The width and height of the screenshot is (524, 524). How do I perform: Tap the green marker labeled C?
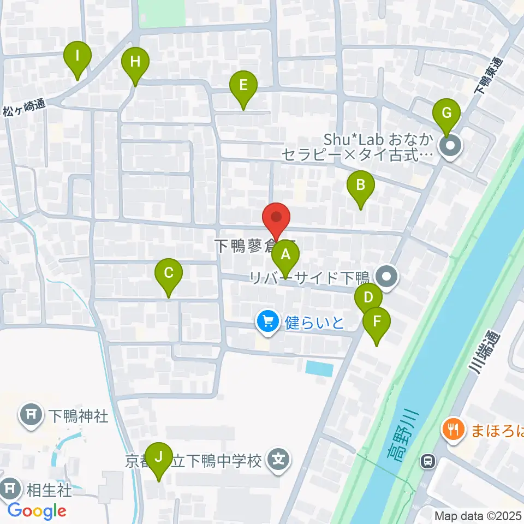(x=169, y=273)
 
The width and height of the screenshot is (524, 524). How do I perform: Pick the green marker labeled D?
(x=368, y=297)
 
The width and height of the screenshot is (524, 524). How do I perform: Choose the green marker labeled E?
(x=243, y=86)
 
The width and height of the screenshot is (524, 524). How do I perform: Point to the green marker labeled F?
(x=377, y=321)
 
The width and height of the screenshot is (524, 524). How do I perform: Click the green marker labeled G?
(x=446, y=114)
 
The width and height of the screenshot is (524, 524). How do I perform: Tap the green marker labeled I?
(x=78, y=56)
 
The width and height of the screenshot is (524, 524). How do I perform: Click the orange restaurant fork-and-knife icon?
(x=452, y=428)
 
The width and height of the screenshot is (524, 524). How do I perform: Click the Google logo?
(x=37, y=511)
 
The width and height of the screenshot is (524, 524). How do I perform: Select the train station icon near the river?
(x=428, y=462)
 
